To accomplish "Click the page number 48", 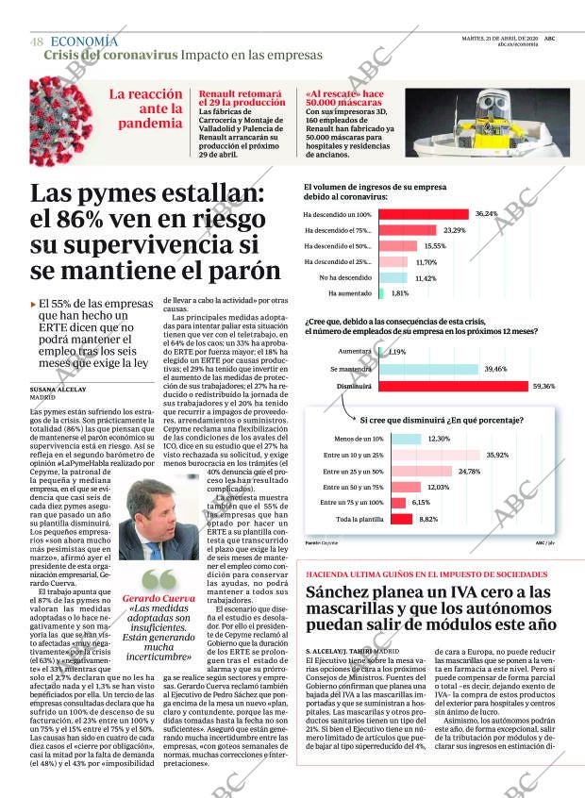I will [37, 42].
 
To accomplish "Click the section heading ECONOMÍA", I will [84, 42].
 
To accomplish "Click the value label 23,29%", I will [454, 230].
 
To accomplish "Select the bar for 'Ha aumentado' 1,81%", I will [381, 294].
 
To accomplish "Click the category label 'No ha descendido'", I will [344, 278].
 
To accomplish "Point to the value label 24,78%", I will [469, 471].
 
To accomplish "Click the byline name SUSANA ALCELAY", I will [58, 389].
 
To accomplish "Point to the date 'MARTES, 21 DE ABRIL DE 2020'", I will [498, 38].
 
